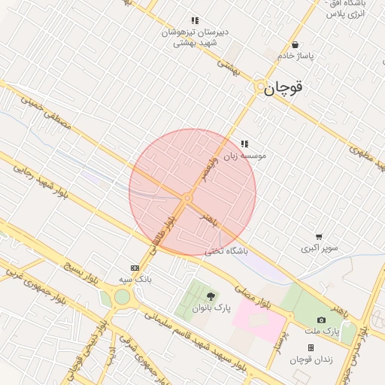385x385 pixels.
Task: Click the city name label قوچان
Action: [x=285, y=88]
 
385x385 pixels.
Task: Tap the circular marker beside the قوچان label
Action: [x=260, y=88]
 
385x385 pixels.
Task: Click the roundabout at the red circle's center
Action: [x=186, y=198]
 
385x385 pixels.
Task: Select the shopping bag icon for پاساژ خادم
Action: [x=295, y=44]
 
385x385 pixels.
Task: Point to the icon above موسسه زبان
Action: [x=244, y=144]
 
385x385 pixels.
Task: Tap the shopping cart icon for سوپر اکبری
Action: [x=319, y=237]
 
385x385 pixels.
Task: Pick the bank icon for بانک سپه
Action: [x=135, y=268]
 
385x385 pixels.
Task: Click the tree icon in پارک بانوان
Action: [x=211, y=296]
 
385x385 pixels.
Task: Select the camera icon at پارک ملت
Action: [x=322, y=320]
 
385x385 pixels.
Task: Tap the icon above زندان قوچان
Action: [x=311, y=347]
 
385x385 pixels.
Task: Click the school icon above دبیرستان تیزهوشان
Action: [x=195, y=21]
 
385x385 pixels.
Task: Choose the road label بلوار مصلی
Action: [x=258, y=296]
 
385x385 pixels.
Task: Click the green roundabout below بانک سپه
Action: [x=122, y=297]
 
